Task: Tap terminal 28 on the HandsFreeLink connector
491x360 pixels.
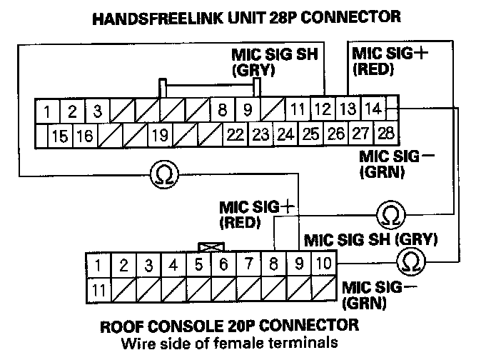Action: click(386, 134)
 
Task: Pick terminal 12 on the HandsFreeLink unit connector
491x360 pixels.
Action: click(323, 110)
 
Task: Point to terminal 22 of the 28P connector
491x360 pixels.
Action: click(234, 134)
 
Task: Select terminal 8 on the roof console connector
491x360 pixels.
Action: click(273, 265)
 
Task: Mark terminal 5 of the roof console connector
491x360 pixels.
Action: click(199, 265)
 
